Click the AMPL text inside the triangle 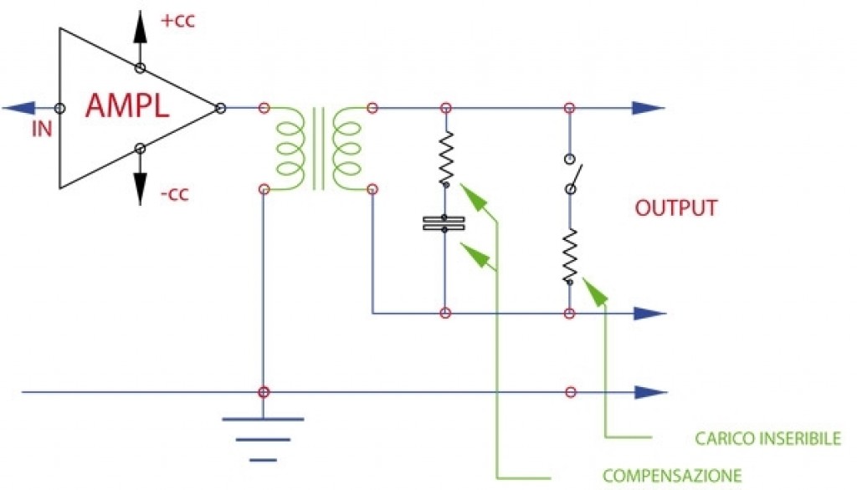[127, 107]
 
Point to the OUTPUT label [676, 208]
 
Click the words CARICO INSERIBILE [767, 439]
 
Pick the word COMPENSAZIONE [672, 476]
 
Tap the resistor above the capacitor [445, 158]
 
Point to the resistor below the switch [570, 256]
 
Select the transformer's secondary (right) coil [346, 149]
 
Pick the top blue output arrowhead [649, 108]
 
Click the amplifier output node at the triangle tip [220, 108]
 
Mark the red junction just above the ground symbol [264, 391]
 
